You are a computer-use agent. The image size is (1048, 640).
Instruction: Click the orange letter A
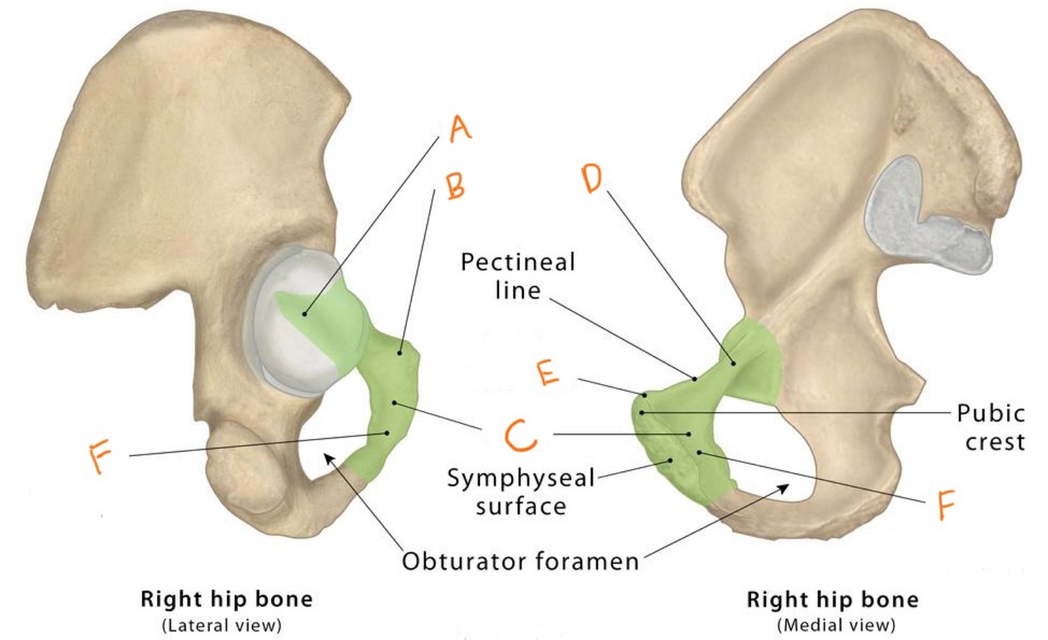coord(460,126)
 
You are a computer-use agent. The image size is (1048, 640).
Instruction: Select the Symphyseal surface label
coord(520,490)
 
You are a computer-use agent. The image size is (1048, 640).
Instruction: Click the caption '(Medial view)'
coord(832,625)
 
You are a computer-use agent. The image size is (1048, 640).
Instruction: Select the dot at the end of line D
coord(732,362)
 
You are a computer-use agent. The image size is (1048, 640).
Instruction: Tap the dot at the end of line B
coord(401,353)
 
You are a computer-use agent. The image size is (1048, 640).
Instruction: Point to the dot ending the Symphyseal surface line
coord(671,460)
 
